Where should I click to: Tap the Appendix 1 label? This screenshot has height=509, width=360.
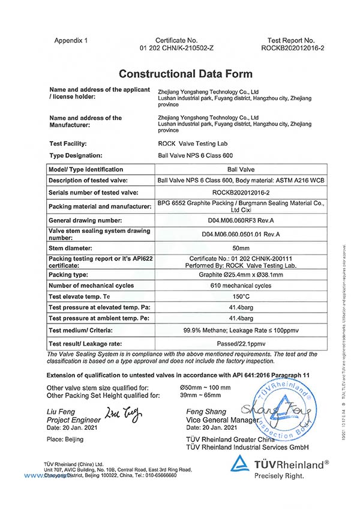point(71,40)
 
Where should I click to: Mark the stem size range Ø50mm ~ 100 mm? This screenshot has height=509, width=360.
point(205,388)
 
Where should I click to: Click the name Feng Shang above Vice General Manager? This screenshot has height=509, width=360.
point(203,411)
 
